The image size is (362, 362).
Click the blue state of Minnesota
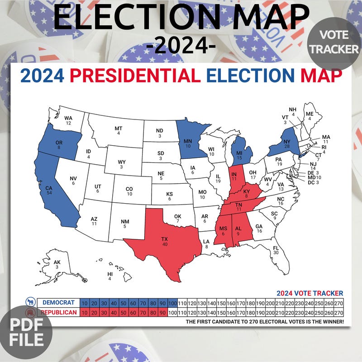pos(188,140)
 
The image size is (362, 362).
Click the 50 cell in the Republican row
pos(124,312)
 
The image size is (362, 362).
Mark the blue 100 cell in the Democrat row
pos(172,303)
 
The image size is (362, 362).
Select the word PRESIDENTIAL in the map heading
pos(135,76)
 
